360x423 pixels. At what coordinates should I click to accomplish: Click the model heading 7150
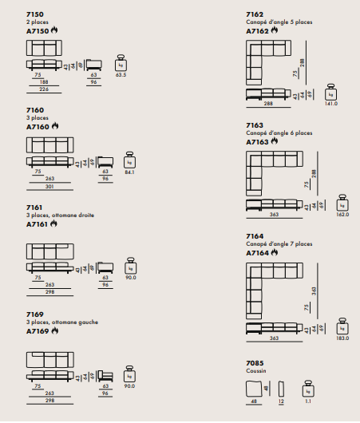pyautogui.click(x=35, y=14)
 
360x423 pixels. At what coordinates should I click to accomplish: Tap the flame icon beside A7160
pyautogui.click(x=55, y=126)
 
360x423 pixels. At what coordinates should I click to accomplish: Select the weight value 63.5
pyautogui.click(x=121, y=75)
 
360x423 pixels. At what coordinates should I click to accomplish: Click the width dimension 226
pyautogui.click(x=44, y=89)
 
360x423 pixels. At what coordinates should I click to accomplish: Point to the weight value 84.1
pyautogui.click(x=129, y=172)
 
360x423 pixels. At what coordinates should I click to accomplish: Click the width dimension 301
pyautogui.click(x=49, y=187)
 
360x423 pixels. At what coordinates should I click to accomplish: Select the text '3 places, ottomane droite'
pyautogui.click(x=60, y=215)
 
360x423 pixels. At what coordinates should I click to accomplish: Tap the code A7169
pyautogui.click(x=38, y=331)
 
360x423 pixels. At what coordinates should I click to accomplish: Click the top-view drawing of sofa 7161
pyautogui.click(x=50, y=251)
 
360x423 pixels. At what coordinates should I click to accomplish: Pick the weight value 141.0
pyautogui.click(x=330, y=104)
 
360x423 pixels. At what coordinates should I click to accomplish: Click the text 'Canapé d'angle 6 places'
pyautogui.click(x=279, y=133)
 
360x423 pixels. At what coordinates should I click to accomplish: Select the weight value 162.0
pyautogui.click(x=342, y=215)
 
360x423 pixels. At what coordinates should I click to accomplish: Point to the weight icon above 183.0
pyautogui.click(x=342, y=326)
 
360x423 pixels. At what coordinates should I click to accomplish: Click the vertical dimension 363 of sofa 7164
pyautogui.click(x=314, y=291)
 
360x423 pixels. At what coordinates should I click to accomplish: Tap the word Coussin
pyautogui.click(x=256, y=371)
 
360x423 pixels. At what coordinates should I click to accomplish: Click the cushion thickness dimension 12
pyautogui.click(x=281, y=401)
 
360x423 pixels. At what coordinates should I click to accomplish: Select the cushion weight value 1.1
pyautogui.click(x=308, y=401)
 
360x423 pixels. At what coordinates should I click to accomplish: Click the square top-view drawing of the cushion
pyautogui.click(x=254, y=389)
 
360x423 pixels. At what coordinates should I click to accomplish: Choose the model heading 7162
pyautogui.click(x=255, y=14)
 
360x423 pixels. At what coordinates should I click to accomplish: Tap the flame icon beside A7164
pyautogui.click(x=275, y=252)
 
